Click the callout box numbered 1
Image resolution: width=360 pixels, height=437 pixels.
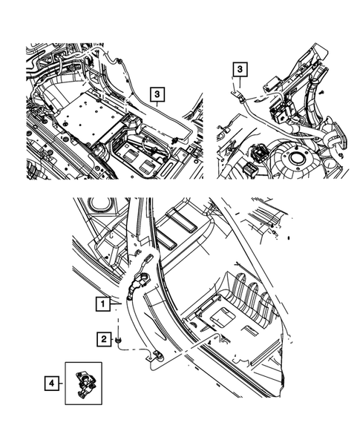[x=103, y=303]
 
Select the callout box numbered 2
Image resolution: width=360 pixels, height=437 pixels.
[x=104, y=339]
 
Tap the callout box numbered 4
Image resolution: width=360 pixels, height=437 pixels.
[x=52, y=384]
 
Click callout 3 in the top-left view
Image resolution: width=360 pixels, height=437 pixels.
[x=157, y=94]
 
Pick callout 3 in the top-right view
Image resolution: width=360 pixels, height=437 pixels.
[x=240, y=69]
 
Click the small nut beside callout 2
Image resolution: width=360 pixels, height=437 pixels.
[x=118, y=340]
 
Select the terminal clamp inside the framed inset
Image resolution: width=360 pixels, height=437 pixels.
[x=84, y=384]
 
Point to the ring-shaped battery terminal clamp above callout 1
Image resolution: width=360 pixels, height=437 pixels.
[x=140, y=280]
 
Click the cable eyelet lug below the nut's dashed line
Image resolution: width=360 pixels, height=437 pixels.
[x=155, y=356]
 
